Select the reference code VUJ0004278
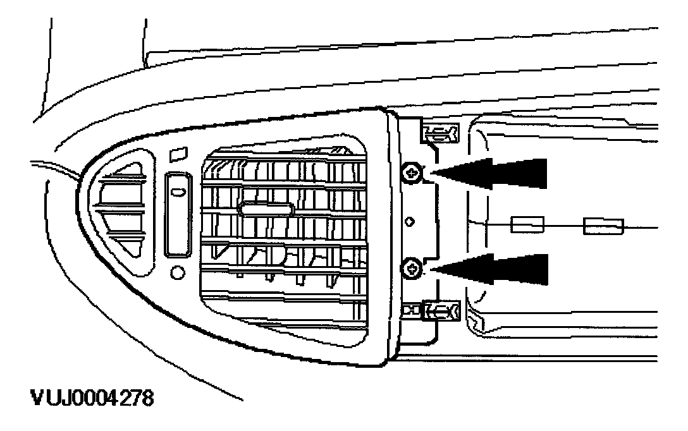click(91, 400)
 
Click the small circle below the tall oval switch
click(177, 273)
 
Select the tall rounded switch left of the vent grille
click(178, 215)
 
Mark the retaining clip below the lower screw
click(441, 310)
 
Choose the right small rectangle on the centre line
click(604, 225)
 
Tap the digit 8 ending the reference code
click(147, 400)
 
